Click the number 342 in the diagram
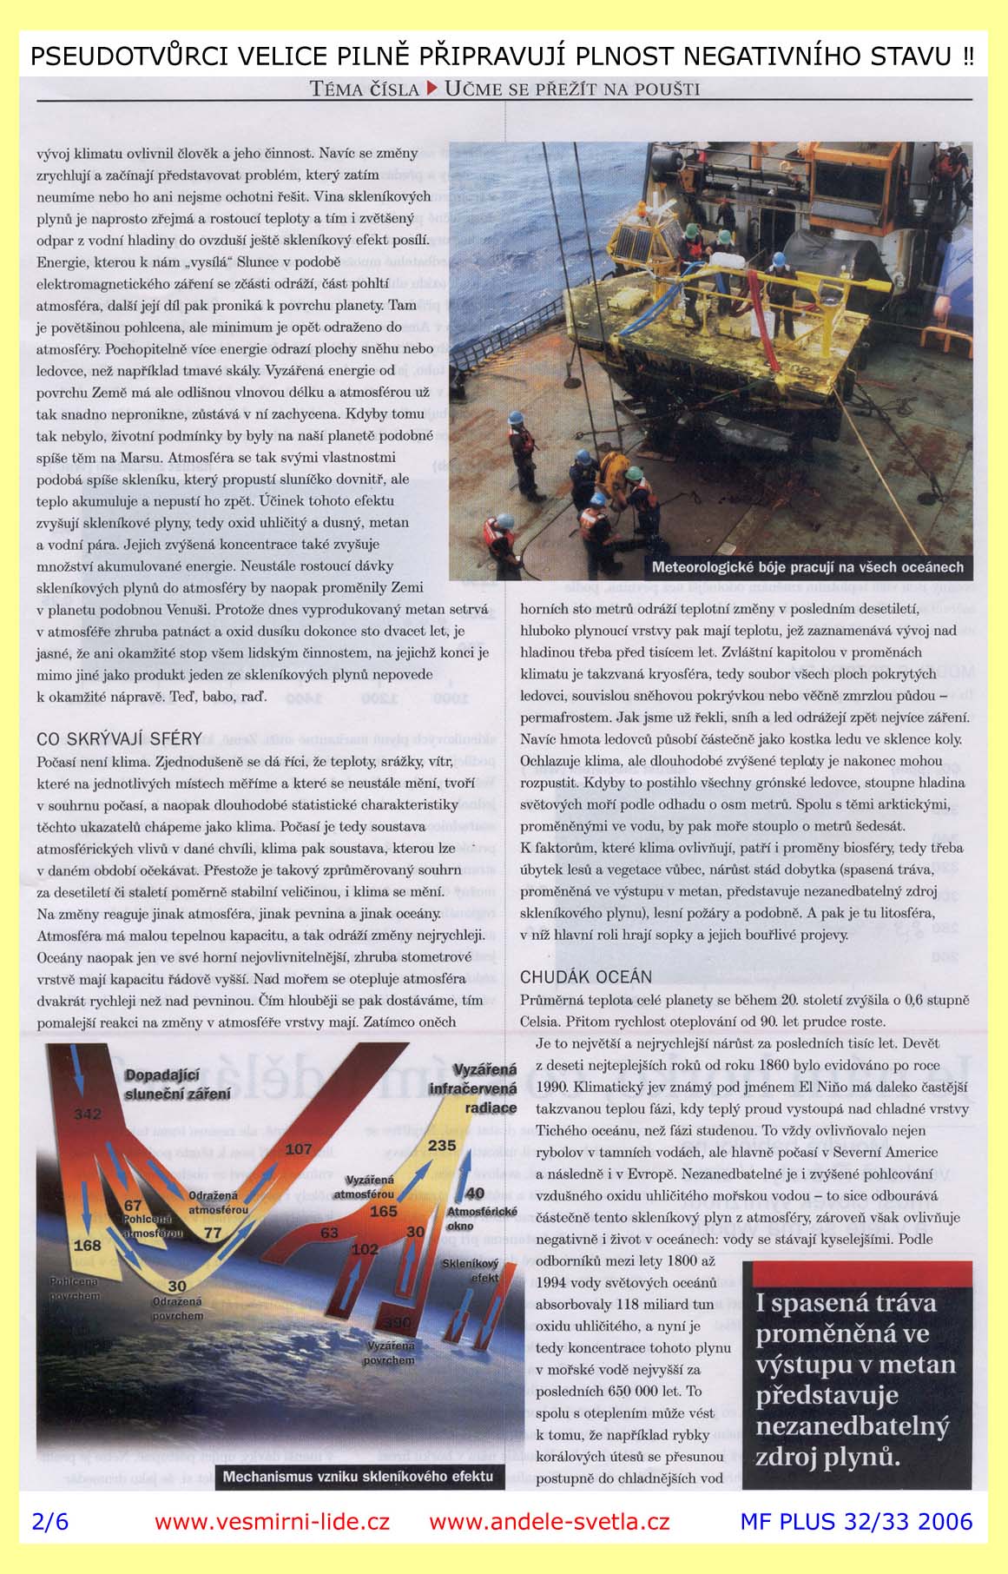[88, 1114]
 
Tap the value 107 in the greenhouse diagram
[298, 1149]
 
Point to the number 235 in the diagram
[441, 1145]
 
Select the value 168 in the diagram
[87, 1245]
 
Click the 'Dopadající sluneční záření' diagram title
[179, 1085]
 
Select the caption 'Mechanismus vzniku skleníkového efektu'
[358, 1476]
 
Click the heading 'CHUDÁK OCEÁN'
[585, 977]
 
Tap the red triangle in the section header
[432, 88]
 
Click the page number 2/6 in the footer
[49, 1521]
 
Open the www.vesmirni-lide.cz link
[272, 1521]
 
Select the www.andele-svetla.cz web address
[549, 1521]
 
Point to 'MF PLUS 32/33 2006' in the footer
[856, 1521]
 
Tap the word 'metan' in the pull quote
[920, 1364]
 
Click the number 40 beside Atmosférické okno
[475, 1194]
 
